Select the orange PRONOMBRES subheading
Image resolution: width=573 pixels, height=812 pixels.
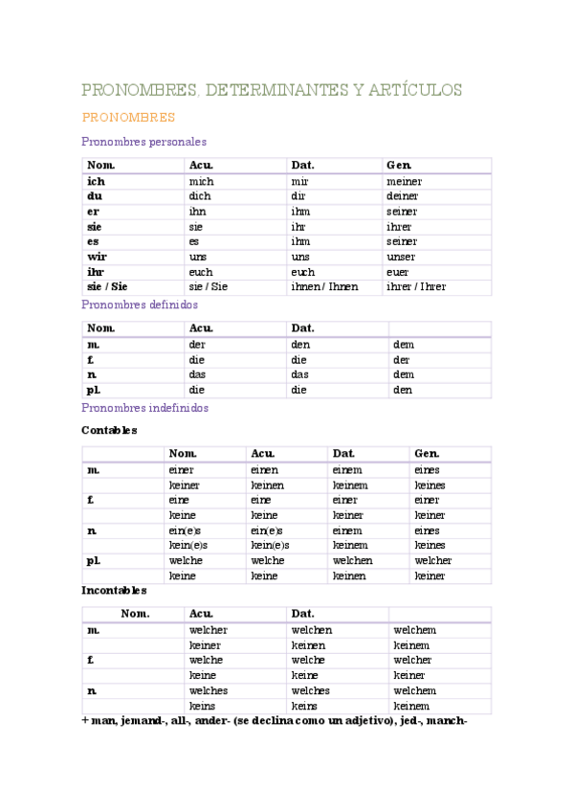point(128,118)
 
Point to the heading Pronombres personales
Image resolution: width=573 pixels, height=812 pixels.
point(143,142)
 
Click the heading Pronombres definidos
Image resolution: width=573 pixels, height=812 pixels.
point(140,304)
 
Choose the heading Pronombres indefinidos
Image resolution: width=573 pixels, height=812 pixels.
point(144,408)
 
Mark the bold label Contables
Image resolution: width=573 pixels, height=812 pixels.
point(109,431)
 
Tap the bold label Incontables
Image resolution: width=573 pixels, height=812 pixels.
point(114,591)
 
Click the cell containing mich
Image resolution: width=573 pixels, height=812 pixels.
point(202,181)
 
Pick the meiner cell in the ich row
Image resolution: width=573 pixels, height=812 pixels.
point(404,181)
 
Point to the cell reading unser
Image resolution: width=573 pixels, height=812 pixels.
point(401,257)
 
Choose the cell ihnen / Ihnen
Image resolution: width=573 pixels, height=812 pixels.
point(324,287)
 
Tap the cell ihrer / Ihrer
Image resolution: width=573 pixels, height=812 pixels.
point(416,287)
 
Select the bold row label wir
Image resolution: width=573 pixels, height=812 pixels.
point(97,257)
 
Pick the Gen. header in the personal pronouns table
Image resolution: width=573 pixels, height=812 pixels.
point(399,165)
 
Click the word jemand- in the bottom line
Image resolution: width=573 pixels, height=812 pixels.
point(147,721)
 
